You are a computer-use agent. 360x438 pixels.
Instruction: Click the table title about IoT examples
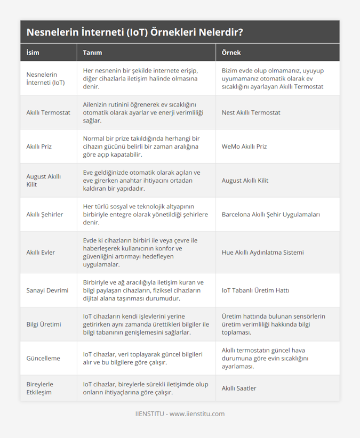(135, 32)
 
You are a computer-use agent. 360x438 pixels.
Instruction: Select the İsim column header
(33, 53)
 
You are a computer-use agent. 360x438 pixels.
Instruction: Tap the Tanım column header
(92, 53)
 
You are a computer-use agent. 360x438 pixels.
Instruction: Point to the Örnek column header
(231, 53)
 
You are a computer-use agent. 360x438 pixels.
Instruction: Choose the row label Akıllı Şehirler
(45, 214)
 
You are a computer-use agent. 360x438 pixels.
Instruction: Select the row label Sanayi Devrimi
(47, 290)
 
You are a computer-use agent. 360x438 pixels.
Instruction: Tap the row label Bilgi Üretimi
(44, 324)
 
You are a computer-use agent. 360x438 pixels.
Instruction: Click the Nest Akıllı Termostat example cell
(251, 112)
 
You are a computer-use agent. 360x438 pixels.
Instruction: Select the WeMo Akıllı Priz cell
(244, 147)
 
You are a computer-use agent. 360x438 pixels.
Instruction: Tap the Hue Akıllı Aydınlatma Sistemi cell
(262, 252)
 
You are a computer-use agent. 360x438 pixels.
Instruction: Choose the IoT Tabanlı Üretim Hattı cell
(255, 290)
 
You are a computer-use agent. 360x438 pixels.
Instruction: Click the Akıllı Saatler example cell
(239, 388)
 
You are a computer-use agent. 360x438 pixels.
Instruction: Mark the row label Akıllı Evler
(41, 252)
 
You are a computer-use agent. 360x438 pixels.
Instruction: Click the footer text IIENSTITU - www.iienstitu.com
(180, 413)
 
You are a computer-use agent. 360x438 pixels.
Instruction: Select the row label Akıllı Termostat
(48, 112)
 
